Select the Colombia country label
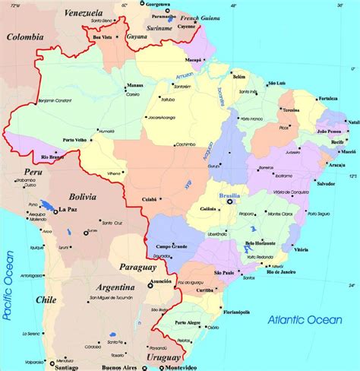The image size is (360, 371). tap(25, 36)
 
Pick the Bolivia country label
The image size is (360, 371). tap(81, 198)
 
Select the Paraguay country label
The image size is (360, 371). tap(137, 267)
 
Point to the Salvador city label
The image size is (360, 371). tap(326, 184)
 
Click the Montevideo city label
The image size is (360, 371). tap(166, 366)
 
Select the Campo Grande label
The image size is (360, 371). tap(172, 247)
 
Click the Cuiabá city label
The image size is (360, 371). tap(149, 199)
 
